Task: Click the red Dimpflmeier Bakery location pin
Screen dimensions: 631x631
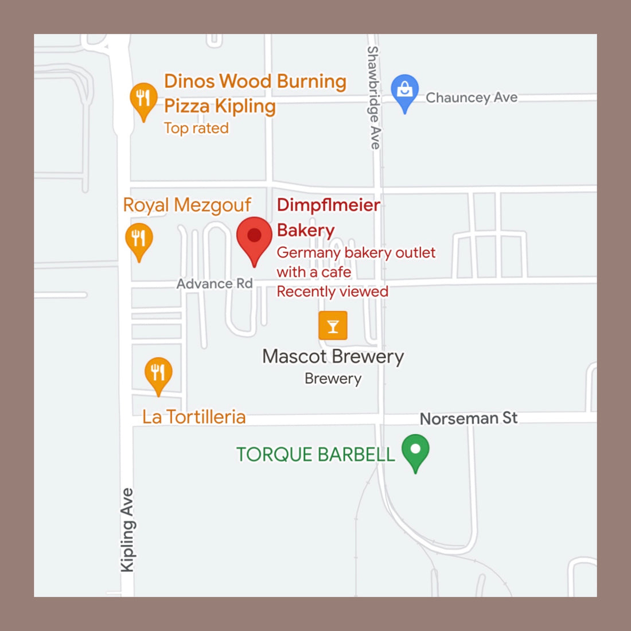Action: [x=254, y=236]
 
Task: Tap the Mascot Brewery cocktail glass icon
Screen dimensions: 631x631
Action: [x=333, y=326]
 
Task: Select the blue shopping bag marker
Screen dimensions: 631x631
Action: [x=405, y=91]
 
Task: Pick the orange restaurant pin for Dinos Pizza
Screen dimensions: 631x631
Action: [x=143, y=99]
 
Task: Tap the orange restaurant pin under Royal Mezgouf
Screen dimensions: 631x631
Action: [x=139, y=238]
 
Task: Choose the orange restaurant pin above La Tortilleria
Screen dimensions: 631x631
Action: [x=158, y=373]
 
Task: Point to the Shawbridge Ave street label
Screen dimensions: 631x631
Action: [x=373, y=98]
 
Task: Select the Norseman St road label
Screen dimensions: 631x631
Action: [x=468, y=418]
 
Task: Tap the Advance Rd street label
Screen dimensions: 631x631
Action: [x=214, y=283]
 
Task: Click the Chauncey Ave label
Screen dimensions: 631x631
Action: [x=471, y=98]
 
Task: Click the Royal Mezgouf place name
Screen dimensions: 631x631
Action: [x=187, y=205]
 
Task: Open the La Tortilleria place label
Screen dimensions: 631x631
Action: [x=194, y=417]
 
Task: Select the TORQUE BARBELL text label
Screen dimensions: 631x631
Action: [x=315, y=454]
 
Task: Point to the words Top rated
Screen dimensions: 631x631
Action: [x=196, y=128]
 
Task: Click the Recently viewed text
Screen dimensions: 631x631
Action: [x=332, y=291]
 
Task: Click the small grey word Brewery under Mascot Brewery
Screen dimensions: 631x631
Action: [x=333, y=379]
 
